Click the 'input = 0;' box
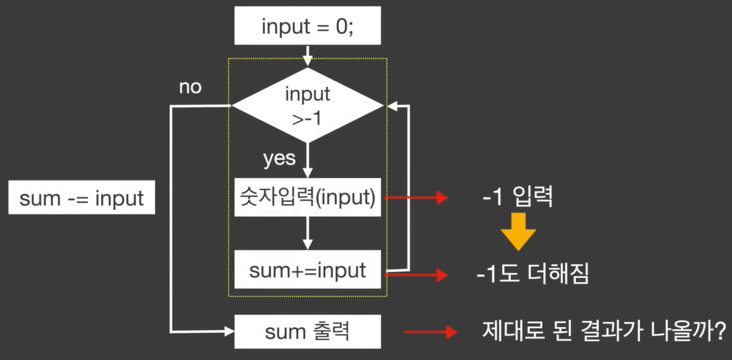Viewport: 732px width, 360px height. (307, 27)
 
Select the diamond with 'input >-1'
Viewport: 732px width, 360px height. (308, 105)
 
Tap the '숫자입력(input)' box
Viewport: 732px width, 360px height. (308, 197)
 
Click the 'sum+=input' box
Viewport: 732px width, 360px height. (308, 270)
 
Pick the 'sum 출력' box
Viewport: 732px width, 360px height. (308, 333)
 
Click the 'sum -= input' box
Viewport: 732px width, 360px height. (82, 198)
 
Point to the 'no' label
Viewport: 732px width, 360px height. (190, 87)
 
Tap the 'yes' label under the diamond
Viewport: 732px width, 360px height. (279, 159)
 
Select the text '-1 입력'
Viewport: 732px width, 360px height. (518, 196)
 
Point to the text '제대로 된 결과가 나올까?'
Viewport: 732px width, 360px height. (602, 333)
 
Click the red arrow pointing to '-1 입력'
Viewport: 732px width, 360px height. (417, 197)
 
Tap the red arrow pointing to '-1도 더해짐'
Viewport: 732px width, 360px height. (417, 275)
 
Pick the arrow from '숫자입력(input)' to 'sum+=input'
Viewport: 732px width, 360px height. (308, 232)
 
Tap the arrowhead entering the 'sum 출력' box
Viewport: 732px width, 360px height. (227, 332)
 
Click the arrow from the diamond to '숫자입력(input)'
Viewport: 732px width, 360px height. (308, 158)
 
